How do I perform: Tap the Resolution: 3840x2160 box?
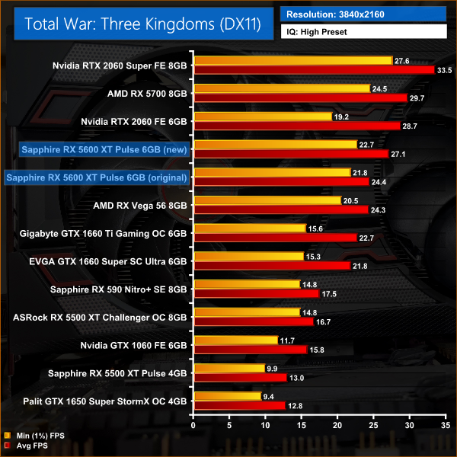363,14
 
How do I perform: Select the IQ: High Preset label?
363,33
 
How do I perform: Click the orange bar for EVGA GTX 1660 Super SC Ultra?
249,256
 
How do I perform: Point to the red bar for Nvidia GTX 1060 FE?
251,349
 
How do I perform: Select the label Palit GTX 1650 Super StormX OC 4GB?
106,401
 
